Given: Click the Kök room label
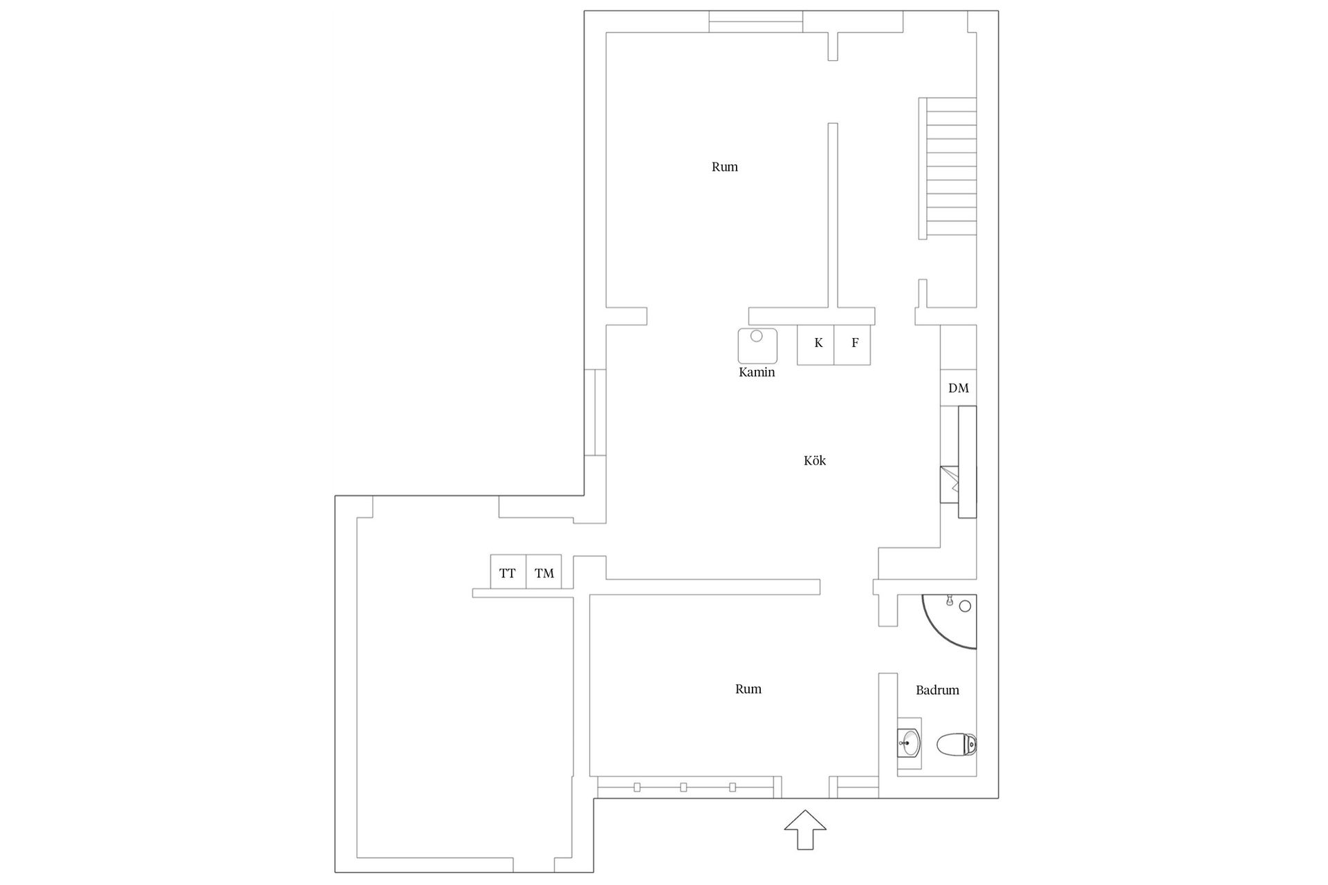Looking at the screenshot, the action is click(x=815, y=460).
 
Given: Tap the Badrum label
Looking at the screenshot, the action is click(x=937, y=690).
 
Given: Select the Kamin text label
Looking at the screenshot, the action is click(x=757, y=373).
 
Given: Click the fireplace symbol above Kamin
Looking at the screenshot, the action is click(x=757, y=345).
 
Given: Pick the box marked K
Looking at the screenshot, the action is click(x=815, y=344).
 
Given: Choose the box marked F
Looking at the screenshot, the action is click(x=852, y=344).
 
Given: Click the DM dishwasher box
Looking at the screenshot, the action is click(x=958, y=388).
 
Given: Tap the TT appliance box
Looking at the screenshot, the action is click(x=508, y=572).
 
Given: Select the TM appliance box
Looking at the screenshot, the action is click(x=544, y=572).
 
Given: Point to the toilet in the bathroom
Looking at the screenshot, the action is click(x=957, y=745).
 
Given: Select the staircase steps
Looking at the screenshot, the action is click(x=948, y=168).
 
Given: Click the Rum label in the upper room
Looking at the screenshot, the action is click(x=725, y=167).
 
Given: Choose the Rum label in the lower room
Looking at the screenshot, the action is click(x=748, y=689).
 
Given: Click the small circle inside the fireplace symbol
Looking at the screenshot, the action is click(x=757, y=336).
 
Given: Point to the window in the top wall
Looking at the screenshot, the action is click(x=756, y=21).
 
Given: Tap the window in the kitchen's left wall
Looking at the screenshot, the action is click(x=595, y=412).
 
